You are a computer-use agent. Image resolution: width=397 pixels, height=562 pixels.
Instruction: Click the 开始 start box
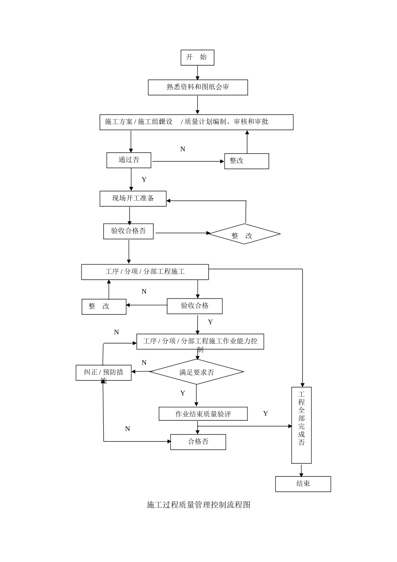(x=197, y=58)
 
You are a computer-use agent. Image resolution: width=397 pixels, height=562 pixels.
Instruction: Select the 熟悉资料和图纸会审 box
(x=198, y=87)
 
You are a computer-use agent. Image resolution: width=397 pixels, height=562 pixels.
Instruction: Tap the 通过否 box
(x=129, y=160)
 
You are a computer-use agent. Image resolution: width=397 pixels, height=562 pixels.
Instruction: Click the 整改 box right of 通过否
(x=247, y=161)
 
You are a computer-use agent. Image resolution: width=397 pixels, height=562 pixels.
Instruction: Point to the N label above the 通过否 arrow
(x=183, y=149)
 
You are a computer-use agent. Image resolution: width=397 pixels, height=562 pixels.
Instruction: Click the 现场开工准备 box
(x=133, y=199)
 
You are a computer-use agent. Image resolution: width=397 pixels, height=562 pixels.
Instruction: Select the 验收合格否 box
(x=128, y=231)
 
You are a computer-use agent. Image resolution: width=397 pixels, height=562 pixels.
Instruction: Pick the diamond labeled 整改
(x=244, y=234)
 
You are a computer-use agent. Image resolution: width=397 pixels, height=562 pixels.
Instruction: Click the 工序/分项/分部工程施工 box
(x=145, y=272)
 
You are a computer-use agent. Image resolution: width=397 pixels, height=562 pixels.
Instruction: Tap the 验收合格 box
(x=195, y=306)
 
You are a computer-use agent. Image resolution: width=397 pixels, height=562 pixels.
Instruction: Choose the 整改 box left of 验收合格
(x=104, y=307)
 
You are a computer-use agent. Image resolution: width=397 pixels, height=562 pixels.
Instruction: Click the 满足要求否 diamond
(x=196, y=372)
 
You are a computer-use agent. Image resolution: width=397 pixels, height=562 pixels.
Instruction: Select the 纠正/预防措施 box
(x=103, y=373)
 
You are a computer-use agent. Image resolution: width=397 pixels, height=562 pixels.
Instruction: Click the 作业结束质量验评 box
(x=203, y=414)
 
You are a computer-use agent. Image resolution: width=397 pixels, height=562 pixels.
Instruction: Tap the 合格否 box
(x=198, y=442)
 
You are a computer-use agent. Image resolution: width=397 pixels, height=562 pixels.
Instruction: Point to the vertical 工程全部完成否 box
(x=301, y=425)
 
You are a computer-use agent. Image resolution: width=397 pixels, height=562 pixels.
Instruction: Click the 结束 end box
(x=303, y=484)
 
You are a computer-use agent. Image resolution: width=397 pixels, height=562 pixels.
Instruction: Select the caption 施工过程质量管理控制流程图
(x=198, y=505)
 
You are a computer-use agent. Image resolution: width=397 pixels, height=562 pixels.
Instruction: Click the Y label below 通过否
(x=144, y=180)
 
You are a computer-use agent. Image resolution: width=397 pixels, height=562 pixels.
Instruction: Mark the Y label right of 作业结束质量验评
(x=265, y=414)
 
